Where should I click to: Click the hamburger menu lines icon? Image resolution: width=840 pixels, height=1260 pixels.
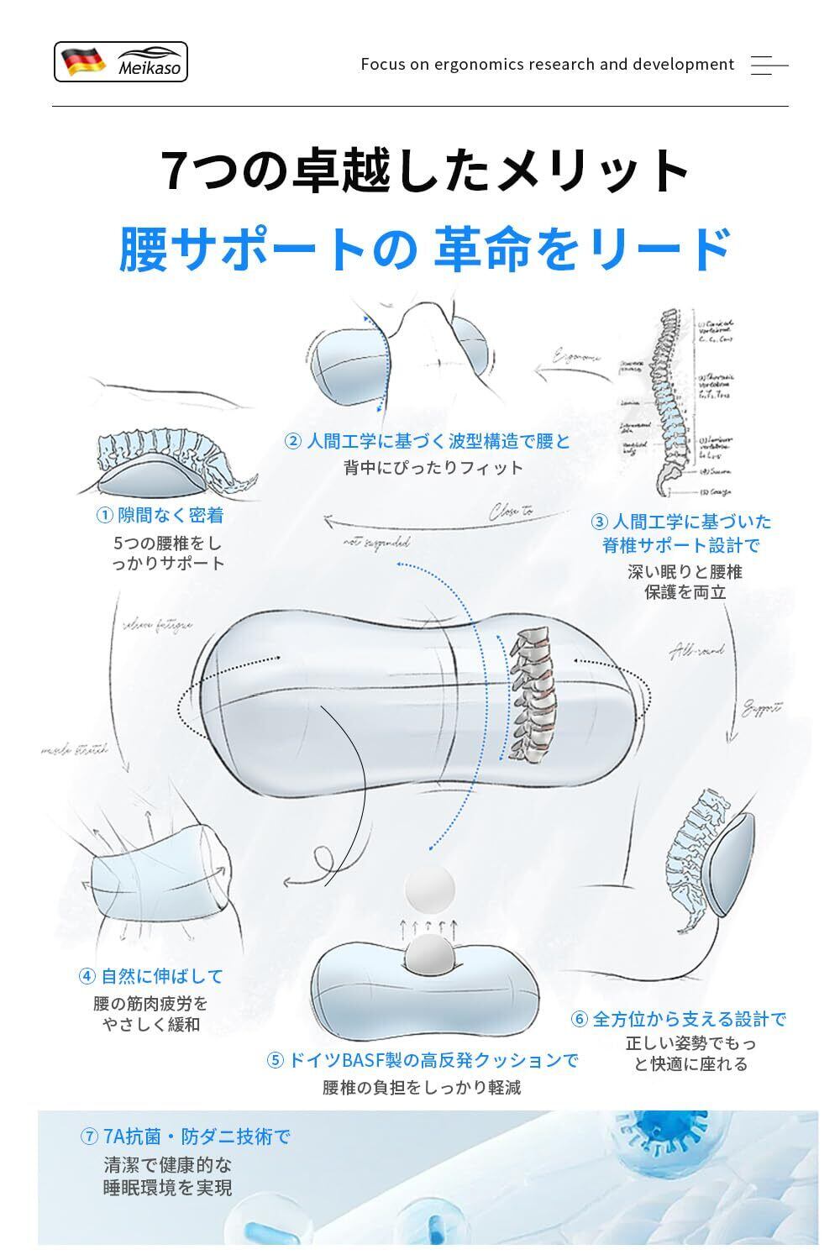click(x=769, y=65)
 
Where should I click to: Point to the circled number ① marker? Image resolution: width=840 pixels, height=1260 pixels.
click(x=105, y=515)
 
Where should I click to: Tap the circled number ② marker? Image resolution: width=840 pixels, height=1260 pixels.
click(x=293, y=441)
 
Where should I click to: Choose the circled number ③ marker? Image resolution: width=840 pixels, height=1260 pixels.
click(x=600, y=522)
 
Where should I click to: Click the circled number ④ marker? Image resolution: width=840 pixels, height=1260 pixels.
click(x=87, y=976)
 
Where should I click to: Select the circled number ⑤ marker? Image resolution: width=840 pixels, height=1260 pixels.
click(x=276, y=1060)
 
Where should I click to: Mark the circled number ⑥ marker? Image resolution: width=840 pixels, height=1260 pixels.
click(x=580, y=1020)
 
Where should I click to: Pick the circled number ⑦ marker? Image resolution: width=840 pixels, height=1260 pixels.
click(x=90, y=1137)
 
